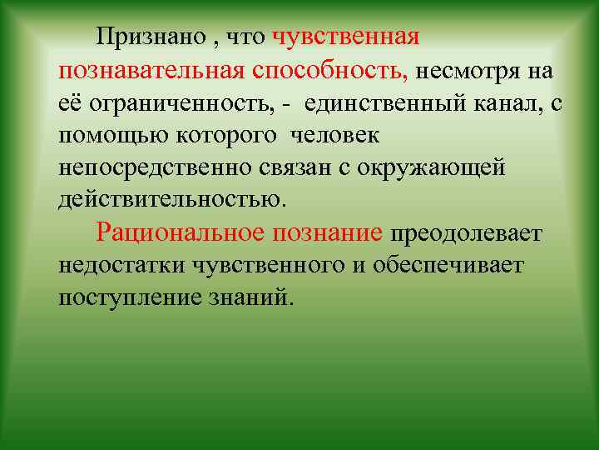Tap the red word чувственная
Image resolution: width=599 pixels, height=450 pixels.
pos(345,37)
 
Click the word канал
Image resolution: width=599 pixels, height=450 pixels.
pos(509,103)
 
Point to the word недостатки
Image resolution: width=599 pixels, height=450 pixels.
pos(122,265)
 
